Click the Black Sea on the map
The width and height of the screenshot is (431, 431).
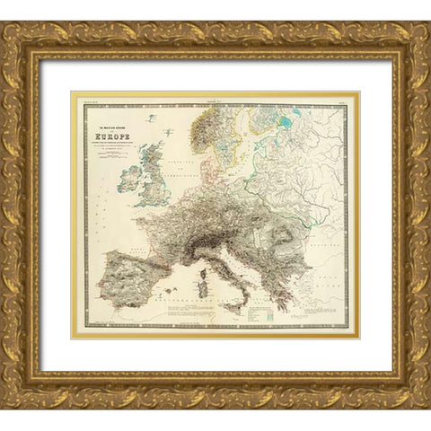[x=328, y=260]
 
